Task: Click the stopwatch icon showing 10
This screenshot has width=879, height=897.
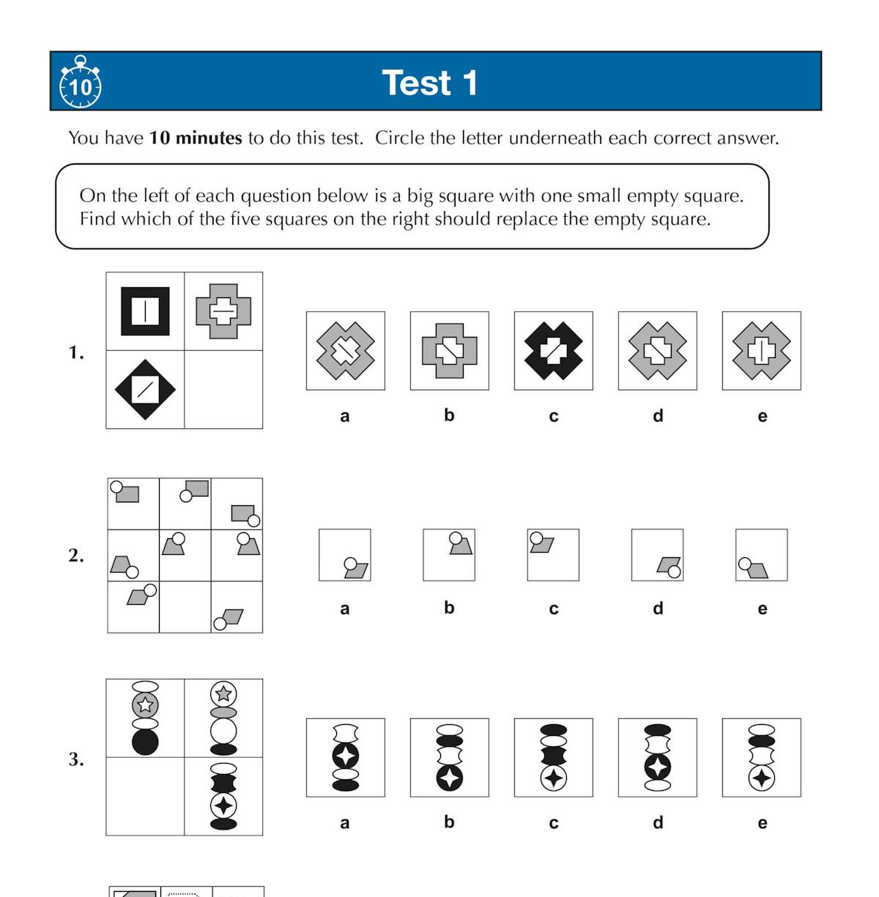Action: [x=80, y=83]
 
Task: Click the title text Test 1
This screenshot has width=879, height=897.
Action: [x=430, y=83]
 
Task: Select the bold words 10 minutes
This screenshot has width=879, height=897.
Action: [x=196, y=138]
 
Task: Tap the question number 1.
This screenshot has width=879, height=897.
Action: [x=76, y=353]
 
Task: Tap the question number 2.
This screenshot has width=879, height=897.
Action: [x=76, y=556]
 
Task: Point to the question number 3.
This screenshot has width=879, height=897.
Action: [x=76, y=759]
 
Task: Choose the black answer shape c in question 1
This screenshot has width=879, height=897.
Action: [x=554, y=351]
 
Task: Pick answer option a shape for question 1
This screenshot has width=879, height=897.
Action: [x=345, y=351]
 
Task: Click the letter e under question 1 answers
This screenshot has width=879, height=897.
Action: [x=762, y=416]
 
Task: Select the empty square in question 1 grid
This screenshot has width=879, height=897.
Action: [x=223, y=390]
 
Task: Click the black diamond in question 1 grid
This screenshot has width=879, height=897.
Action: [x=145, y=390]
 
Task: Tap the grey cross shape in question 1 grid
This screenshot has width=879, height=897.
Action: [x=223, y=311]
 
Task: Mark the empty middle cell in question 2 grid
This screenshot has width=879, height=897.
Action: [x=185, y=607]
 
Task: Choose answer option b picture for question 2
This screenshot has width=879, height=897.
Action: [x=449, y=555]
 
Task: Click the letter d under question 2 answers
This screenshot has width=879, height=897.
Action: [x=658, y=608]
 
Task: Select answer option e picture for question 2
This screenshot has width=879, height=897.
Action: [x=762, y=555]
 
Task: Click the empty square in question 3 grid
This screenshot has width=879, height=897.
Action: [x=145, y=796]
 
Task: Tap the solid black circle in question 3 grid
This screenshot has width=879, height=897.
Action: [x=145, y=742]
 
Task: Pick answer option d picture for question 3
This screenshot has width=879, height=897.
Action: [x=658, y=757]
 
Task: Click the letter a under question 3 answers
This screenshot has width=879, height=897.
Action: [x=345, y=822]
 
